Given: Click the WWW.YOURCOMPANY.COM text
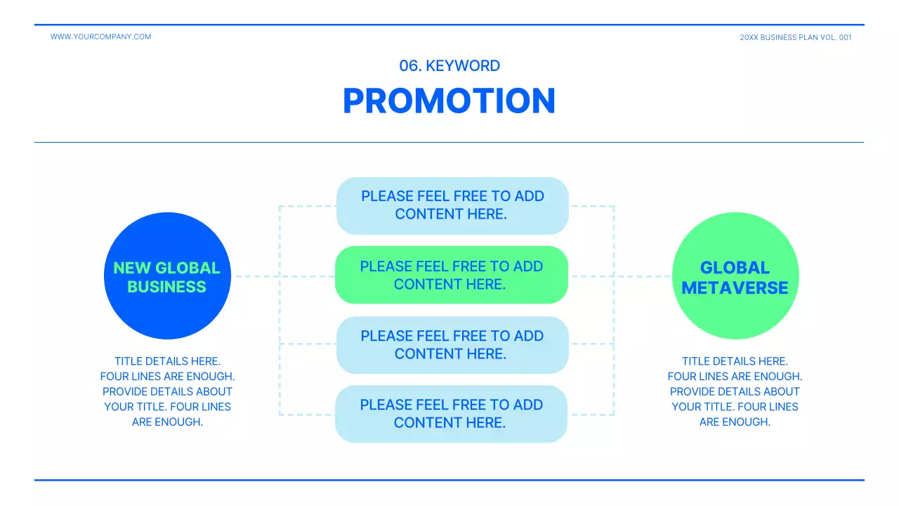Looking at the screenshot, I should tap(100, 37).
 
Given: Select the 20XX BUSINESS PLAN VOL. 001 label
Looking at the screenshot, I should tap(795, 37).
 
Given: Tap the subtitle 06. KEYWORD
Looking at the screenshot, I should tap(449, 66).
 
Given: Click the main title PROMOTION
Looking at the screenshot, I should tap(449, 100).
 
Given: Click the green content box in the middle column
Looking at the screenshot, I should tap(451, 275).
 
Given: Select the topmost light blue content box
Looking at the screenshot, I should tap(452, 205).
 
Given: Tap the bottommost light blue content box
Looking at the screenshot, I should tap(451, 414).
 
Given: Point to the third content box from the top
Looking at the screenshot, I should tap(452, 345).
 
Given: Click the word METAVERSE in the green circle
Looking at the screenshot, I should tap(735, 287).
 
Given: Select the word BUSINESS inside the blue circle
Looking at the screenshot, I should tap(167, 287).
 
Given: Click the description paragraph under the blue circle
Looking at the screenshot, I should tap(167, 391).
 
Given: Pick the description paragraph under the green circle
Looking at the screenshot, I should tap(735, 391).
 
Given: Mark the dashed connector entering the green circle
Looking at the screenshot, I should tap(643, 276).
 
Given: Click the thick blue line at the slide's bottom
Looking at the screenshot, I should tap(449, 480).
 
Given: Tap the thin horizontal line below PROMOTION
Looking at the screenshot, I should tap(449, 142).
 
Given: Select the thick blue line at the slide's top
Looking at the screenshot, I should tap(449, 25).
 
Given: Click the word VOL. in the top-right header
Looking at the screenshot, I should tap(828, 37).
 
